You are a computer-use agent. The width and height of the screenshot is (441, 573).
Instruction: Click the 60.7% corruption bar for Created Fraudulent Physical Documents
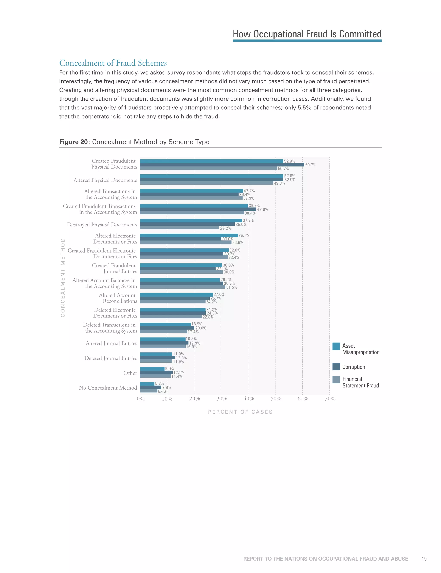click(222, 165)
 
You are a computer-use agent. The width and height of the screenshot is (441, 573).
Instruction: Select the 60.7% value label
click(311, 165)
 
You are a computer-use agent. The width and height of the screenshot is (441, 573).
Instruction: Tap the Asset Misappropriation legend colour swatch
click(336, 346)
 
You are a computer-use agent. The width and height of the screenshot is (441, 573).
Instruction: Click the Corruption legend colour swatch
click(336, 367)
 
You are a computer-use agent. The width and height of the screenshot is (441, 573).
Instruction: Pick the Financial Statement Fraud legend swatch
click(336, 379)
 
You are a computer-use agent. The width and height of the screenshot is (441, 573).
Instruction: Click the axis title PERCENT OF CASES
click(240, 412)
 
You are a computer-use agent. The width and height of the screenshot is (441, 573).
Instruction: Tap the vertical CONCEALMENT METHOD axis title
click(63, 277)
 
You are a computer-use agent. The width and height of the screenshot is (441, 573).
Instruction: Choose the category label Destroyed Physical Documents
click(102, 225)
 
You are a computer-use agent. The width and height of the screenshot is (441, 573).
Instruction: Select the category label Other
click(130, 373)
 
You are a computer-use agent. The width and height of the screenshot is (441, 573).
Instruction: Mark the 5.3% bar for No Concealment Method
click(147, 384)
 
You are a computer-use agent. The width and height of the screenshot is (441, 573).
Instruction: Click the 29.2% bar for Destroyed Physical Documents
click(179, 228)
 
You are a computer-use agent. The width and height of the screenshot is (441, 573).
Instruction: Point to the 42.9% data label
click(262, 209)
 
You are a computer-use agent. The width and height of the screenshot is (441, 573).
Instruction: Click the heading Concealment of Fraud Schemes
click(113, 63)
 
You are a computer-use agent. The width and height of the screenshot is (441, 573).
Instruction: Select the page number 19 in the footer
click(424, 559)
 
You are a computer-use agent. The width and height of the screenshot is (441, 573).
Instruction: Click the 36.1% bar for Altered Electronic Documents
click(189, 235)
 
